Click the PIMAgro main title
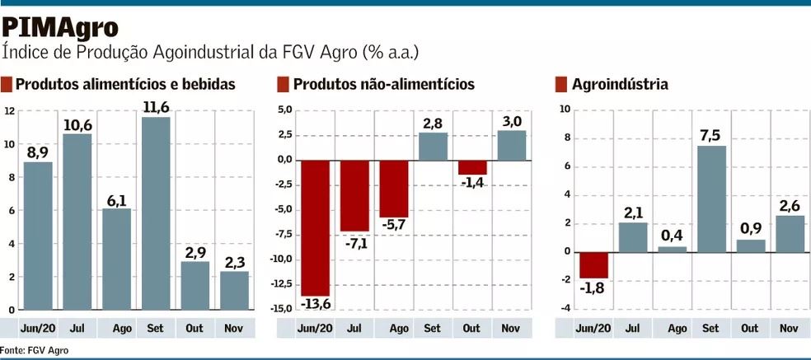[x=60, y=26]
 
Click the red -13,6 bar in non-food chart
[x=316, y=227]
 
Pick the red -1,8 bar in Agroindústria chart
[x=593, y=264]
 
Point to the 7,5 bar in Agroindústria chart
[x=711, y=199]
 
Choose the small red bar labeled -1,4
[x=471, y=167]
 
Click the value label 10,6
[x=77, y=124]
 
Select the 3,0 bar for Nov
[x=511, y=145]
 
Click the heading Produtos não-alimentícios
[x=383, y=84]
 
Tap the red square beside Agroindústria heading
[x=561, y=84]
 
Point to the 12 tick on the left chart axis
[x=9, y=110]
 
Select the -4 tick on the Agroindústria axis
[x=565, y=308]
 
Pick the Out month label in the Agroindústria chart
[x=750, y=328]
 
